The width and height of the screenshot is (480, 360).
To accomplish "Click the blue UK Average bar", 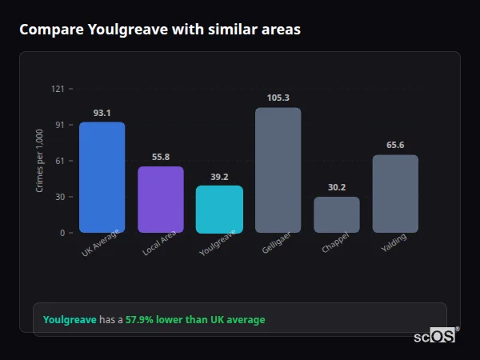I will (102, 177).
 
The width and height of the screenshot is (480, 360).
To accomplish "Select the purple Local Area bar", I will (160, 199).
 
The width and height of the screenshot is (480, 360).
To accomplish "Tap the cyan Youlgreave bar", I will (219, 209).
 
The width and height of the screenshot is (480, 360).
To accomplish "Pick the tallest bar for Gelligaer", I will (278, 170).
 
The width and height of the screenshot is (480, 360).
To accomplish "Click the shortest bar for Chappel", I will (336, 214).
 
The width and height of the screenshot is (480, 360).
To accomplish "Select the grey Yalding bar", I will (395, 194).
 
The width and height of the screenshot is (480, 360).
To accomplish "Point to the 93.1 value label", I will (102, 113).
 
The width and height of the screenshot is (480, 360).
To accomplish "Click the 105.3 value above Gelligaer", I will (278, 98).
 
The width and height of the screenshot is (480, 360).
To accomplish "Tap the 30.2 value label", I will (336, 187).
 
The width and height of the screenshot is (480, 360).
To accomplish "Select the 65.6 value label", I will (395, 145).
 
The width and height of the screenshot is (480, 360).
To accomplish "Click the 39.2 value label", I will (219, 177).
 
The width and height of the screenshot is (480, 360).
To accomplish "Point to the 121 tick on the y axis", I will (57, 89).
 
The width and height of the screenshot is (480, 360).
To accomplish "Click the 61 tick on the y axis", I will (59, 161).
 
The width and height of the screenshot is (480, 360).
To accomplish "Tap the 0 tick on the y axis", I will (62, 233).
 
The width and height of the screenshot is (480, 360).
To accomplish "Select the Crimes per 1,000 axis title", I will (40, 161).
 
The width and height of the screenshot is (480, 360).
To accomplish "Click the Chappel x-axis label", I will (335, 245).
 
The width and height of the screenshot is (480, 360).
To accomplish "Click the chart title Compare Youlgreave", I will (159, 30).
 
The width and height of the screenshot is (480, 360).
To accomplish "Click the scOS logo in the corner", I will (435, 336).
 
